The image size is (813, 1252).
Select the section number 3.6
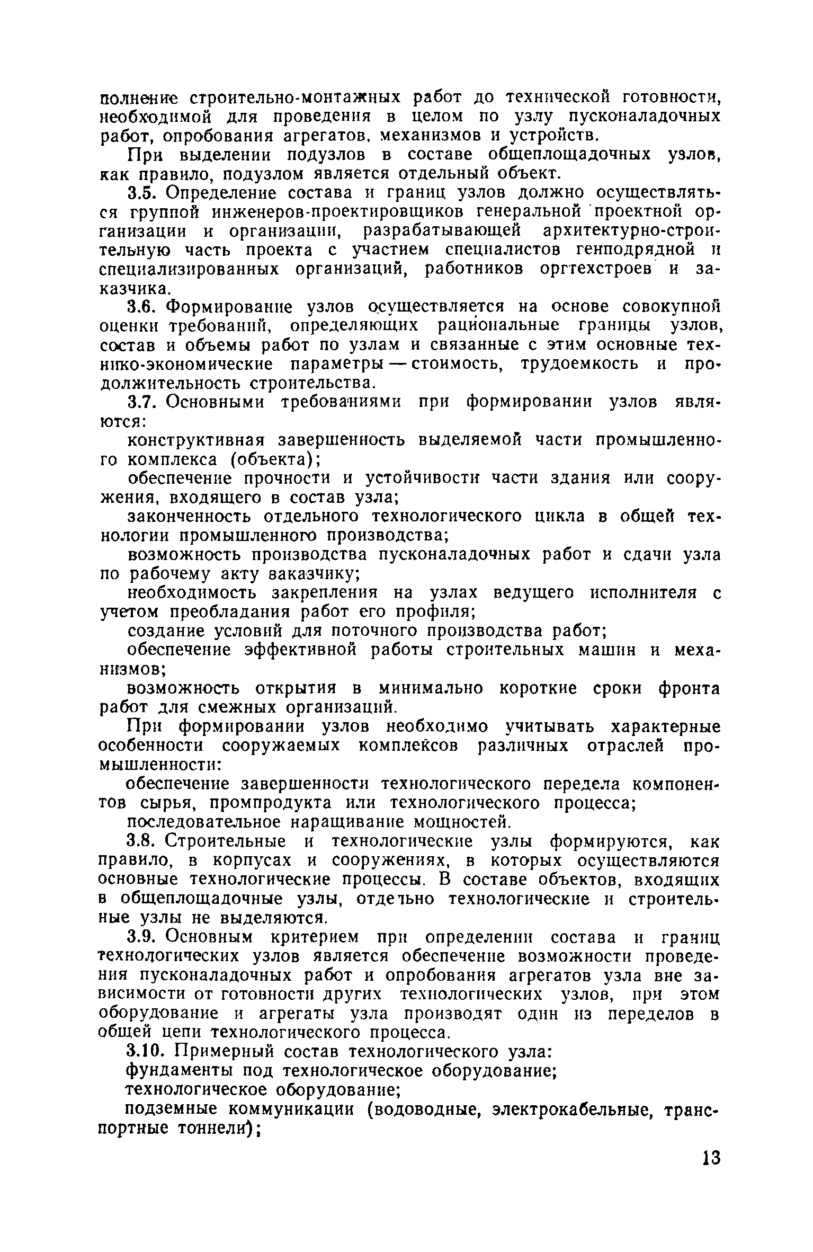[144, 307]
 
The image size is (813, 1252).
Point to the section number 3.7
[144, 402]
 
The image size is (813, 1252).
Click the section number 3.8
[144, 841]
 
